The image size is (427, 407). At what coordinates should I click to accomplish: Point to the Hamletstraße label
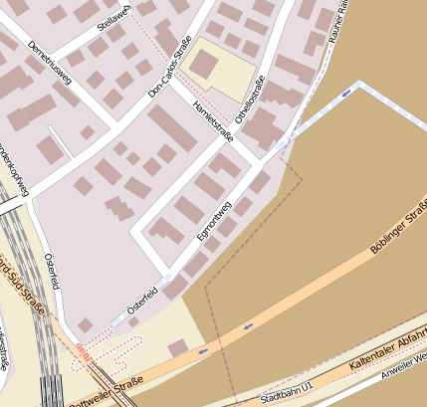213,120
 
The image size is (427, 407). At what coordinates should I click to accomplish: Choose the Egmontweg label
214,213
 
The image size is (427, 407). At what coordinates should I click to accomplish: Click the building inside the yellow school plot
205,65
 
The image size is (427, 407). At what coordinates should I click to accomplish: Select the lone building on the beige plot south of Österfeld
177,348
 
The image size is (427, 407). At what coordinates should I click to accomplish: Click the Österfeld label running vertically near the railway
53,270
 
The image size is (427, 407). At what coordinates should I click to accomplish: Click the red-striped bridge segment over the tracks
84,352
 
